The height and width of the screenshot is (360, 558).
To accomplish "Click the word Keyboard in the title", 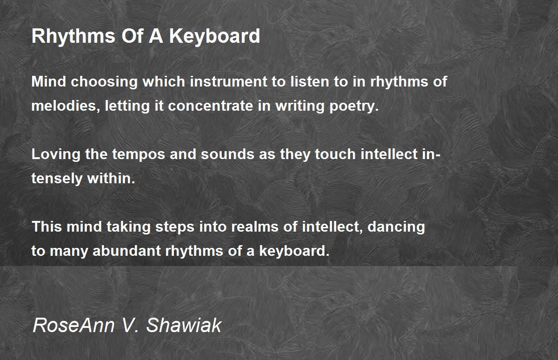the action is pos(214,37).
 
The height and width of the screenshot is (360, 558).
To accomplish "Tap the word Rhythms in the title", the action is pos(73,37).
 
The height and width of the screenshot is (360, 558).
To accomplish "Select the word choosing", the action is pos(104,82).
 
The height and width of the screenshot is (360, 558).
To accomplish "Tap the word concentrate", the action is pos(211,106).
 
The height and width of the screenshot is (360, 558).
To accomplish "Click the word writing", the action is pos(299,107).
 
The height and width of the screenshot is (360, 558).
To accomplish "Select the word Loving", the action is pos(56,154).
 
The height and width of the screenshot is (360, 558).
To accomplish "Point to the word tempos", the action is pos(139,155).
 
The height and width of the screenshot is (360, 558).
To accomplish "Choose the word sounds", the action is pos(227,154).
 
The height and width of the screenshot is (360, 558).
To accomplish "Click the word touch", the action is pos(335,154).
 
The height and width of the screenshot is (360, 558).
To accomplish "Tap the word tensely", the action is pos(57,179).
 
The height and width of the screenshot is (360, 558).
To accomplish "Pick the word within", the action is pos(111,179).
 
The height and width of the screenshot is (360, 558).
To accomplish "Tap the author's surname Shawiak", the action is pos(184,325).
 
